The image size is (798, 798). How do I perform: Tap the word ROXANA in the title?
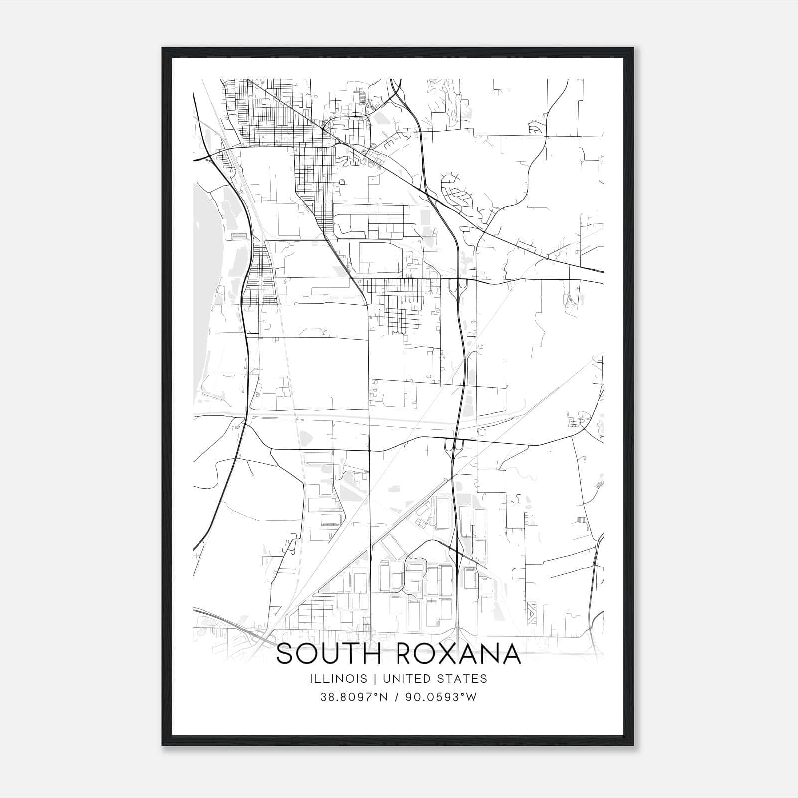coord(458,654)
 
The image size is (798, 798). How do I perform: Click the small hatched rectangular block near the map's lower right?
coord(532,610)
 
